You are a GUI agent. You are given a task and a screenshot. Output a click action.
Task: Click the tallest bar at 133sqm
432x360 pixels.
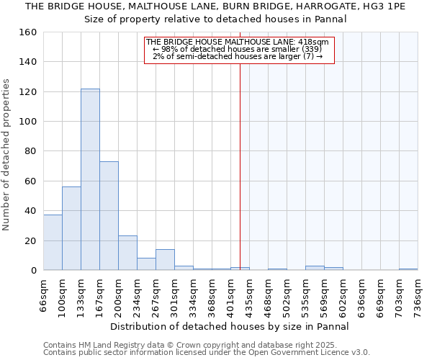90,179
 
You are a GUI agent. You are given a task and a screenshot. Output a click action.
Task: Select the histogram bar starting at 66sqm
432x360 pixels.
53,243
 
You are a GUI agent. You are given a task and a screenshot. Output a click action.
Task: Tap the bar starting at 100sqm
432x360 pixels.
71,228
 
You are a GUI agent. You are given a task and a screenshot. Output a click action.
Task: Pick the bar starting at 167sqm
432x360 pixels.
109,216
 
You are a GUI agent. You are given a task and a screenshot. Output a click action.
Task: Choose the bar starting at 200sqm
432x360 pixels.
127,253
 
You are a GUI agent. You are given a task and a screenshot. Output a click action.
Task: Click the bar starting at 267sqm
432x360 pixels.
165,260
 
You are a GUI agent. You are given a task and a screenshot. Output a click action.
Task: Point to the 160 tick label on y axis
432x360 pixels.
28,32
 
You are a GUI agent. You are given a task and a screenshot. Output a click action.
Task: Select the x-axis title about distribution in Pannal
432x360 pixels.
230,326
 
